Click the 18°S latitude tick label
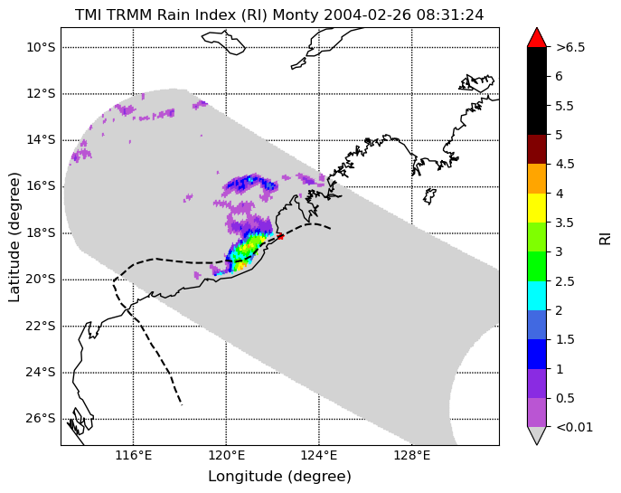42,232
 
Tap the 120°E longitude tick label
226,455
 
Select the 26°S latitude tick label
42,419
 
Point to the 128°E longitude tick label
411,455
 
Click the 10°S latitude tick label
42,48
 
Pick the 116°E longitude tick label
134,455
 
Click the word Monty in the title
296,15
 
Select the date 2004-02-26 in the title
368,15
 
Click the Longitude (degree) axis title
279,477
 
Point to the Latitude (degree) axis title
14,237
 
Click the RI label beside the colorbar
605,240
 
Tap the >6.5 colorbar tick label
570,48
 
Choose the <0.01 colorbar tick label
575,427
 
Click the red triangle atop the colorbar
537,37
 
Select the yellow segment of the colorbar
537,208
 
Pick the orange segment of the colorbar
537,179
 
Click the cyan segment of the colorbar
537,296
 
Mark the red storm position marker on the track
280,237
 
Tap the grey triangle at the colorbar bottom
537,435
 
